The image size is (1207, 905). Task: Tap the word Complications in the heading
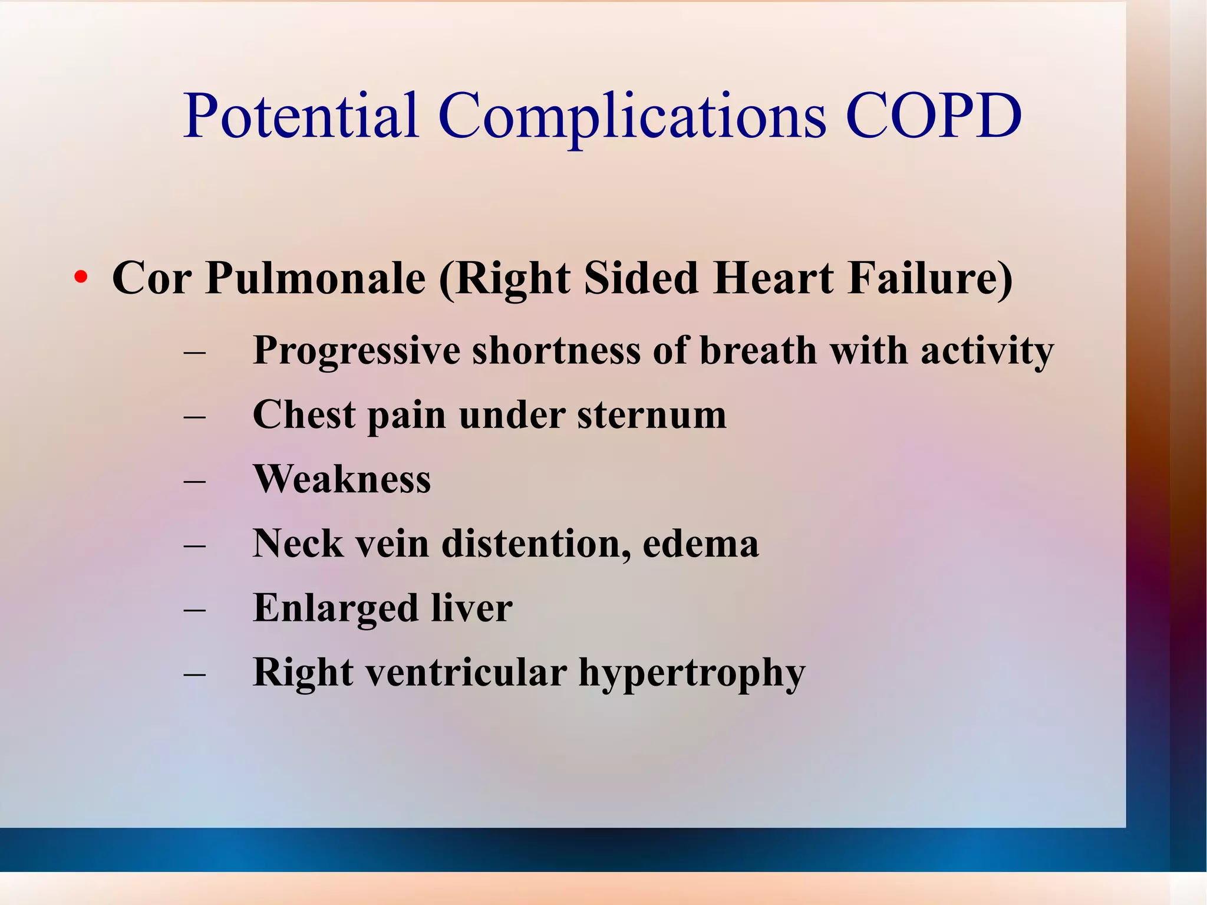tap(632, 117)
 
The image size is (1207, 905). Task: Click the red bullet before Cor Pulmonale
tap(81, 277)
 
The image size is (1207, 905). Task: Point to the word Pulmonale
tap(315, 278)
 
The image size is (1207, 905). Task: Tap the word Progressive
tap(356, 351)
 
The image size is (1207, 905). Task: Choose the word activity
tap(987, 351)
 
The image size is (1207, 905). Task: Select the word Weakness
tap(342, 479)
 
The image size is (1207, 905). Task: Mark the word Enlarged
tap(335, 609)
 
